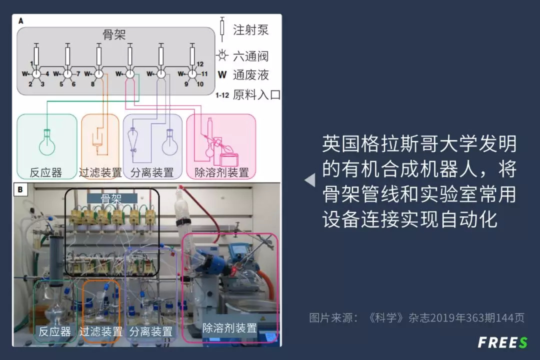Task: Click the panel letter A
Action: point(20,21)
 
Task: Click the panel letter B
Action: point(20,189)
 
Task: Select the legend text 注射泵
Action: point(250,29)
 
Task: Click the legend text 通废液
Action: point(250,75)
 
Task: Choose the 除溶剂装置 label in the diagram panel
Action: point(221,173)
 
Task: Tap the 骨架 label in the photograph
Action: point(111,198)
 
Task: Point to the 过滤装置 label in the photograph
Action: point(100,331)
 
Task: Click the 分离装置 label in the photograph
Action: point(150,331)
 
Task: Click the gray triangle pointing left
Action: point(310,180)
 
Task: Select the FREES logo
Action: point(502,342)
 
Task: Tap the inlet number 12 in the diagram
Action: point(199,64)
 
